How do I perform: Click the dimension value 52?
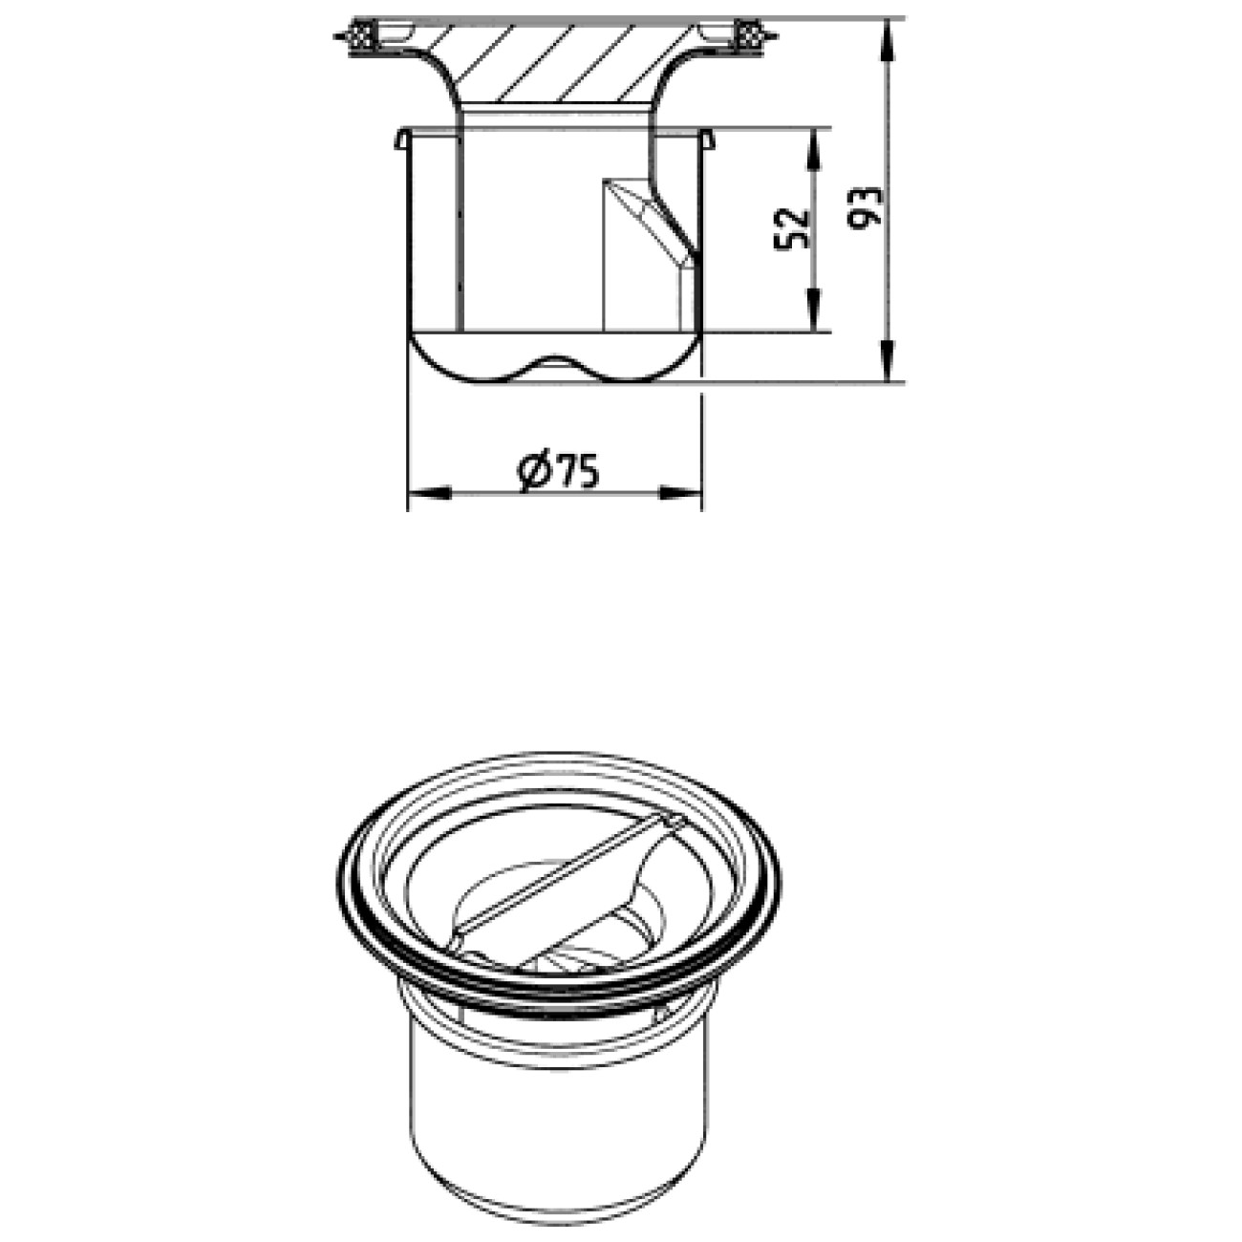792,228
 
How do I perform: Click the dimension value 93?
865,208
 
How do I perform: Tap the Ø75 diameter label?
558,471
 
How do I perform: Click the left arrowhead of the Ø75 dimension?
429,493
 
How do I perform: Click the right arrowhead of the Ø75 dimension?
680,493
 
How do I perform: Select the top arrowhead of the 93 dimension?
889,40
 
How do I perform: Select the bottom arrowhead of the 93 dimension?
889,361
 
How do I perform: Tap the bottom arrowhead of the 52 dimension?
815,310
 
